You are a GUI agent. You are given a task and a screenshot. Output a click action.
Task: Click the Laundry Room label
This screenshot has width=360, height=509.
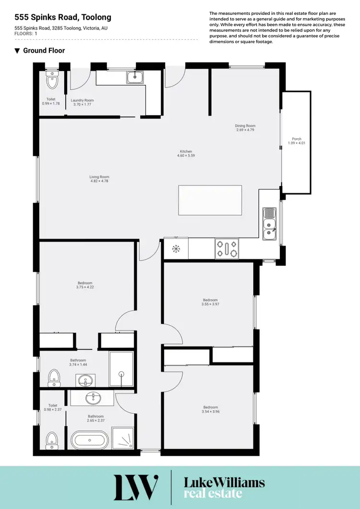pos(83,102)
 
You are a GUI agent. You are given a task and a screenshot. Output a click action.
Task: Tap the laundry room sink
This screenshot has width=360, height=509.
pos(135,77)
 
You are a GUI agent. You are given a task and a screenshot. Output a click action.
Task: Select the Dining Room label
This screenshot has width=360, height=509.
pos(245,128)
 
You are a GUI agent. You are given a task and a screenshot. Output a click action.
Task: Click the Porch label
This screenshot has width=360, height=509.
pos(297,141)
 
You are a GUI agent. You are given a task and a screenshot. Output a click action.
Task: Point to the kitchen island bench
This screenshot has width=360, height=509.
pos(210,200)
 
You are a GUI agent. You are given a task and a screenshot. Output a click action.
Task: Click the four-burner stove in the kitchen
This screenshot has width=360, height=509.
pos(227,249)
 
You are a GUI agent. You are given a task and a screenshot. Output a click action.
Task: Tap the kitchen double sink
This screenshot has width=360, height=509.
pos(269,224)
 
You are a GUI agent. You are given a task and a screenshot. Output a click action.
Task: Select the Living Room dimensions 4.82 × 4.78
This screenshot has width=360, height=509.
pos(99,181)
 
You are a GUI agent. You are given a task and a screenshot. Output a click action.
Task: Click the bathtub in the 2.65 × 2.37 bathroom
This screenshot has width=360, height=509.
pos(90,439)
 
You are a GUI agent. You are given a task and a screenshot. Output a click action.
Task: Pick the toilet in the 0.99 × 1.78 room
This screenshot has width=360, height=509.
pos(51,82)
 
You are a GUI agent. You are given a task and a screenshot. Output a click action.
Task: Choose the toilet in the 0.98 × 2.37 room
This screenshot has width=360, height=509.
pos(52,439)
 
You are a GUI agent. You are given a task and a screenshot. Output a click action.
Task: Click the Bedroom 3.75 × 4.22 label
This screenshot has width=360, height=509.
pos(85,285)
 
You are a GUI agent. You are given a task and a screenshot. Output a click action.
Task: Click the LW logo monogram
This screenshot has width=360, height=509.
pos(136,487)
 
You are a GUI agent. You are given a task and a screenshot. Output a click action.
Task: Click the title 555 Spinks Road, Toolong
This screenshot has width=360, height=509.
pos(63,17)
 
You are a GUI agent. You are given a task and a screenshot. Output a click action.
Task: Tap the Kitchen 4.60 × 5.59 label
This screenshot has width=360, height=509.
pos(186,154)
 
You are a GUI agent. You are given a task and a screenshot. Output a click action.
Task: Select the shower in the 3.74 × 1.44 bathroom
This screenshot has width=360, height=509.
pos(121,369)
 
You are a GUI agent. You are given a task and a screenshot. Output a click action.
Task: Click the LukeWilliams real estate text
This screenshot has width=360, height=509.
pos(225,487)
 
